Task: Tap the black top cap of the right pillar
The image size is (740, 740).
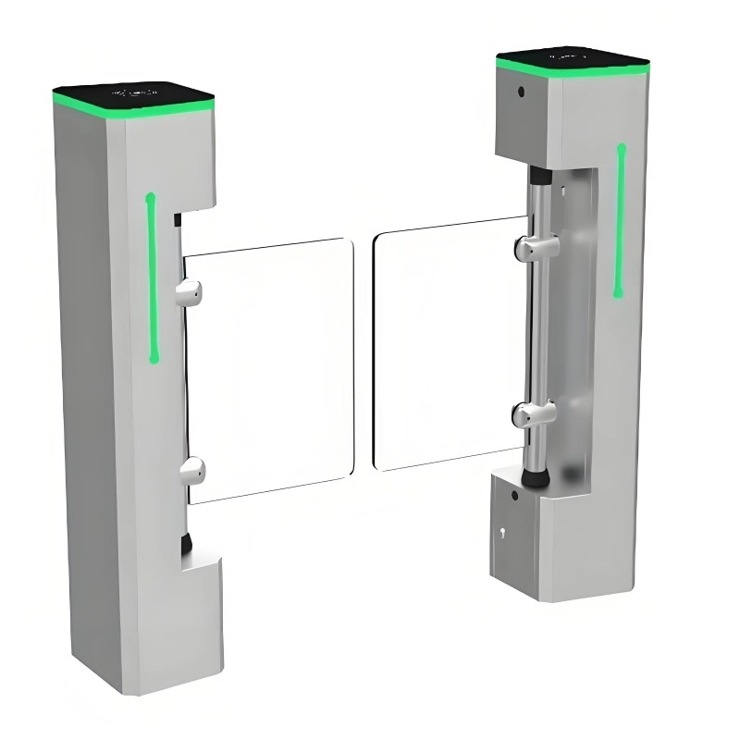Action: tap(571, 58)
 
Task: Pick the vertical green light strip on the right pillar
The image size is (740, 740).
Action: tap(619, 220)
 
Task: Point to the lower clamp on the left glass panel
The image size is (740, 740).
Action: tap(191, 470)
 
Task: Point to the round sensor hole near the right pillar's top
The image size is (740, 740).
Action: tap(521, 92)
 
